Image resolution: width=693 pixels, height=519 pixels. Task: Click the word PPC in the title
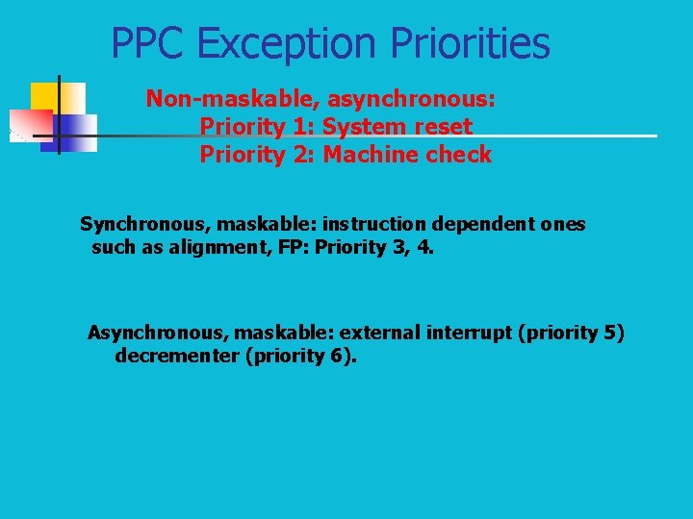(148, 43)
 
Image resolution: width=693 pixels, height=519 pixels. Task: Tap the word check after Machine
(457, 155)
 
